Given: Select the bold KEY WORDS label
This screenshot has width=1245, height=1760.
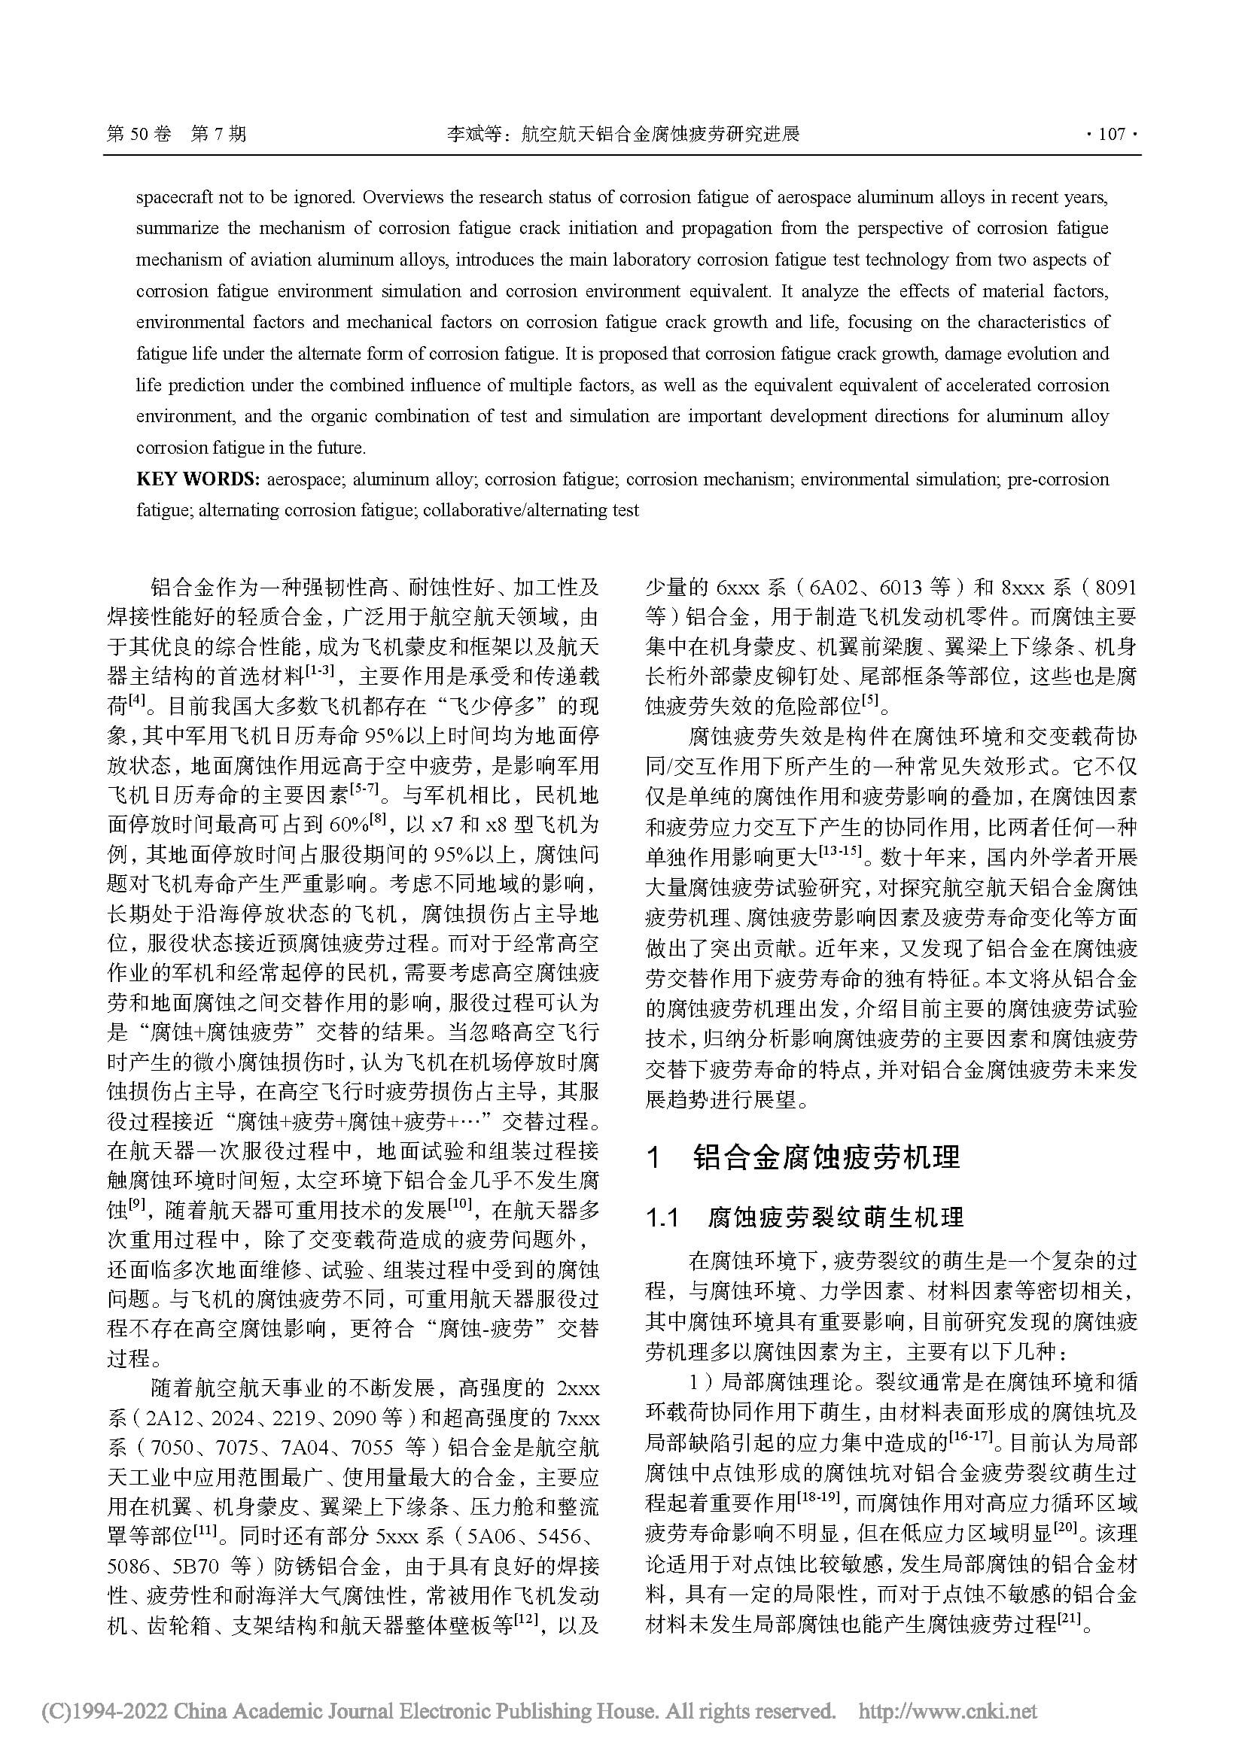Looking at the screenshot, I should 198,480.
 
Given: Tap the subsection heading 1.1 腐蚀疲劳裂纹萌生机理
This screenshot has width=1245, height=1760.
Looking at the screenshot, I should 805,1217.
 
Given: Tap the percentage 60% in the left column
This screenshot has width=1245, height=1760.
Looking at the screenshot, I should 348,825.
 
